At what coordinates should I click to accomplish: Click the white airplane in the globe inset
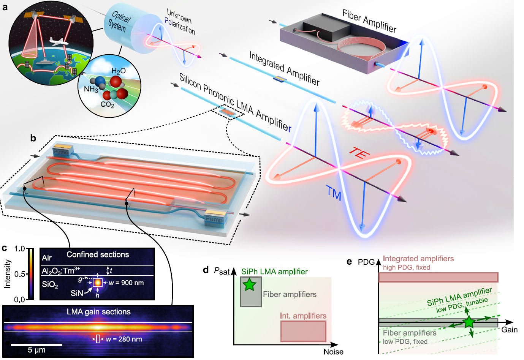(59, 42)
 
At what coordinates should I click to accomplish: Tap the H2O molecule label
(119, 71)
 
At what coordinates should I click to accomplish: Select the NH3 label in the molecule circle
(91, 89)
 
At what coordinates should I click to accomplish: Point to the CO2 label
(108, 104)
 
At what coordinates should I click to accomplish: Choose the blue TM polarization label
(334, 193)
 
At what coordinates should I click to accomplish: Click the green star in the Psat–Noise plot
(249, 284)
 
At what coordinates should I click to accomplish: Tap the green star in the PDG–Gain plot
(469, 322)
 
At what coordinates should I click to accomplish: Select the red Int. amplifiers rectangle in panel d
(303, 331)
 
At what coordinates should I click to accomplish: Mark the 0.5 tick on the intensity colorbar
(20, 274)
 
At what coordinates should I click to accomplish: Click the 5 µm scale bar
(36, 345)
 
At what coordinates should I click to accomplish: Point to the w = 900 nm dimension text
(126, 283)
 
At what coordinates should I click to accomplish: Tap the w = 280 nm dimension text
(124, 339)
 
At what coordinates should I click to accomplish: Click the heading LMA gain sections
(99, 312)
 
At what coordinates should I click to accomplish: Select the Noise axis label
(334, 352)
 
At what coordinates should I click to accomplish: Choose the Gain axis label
(510, 330)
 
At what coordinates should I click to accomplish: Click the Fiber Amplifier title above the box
(370, 21)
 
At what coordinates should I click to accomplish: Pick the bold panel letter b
(33, 138)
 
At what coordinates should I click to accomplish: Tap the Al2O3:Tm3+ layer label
(61, 271)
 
